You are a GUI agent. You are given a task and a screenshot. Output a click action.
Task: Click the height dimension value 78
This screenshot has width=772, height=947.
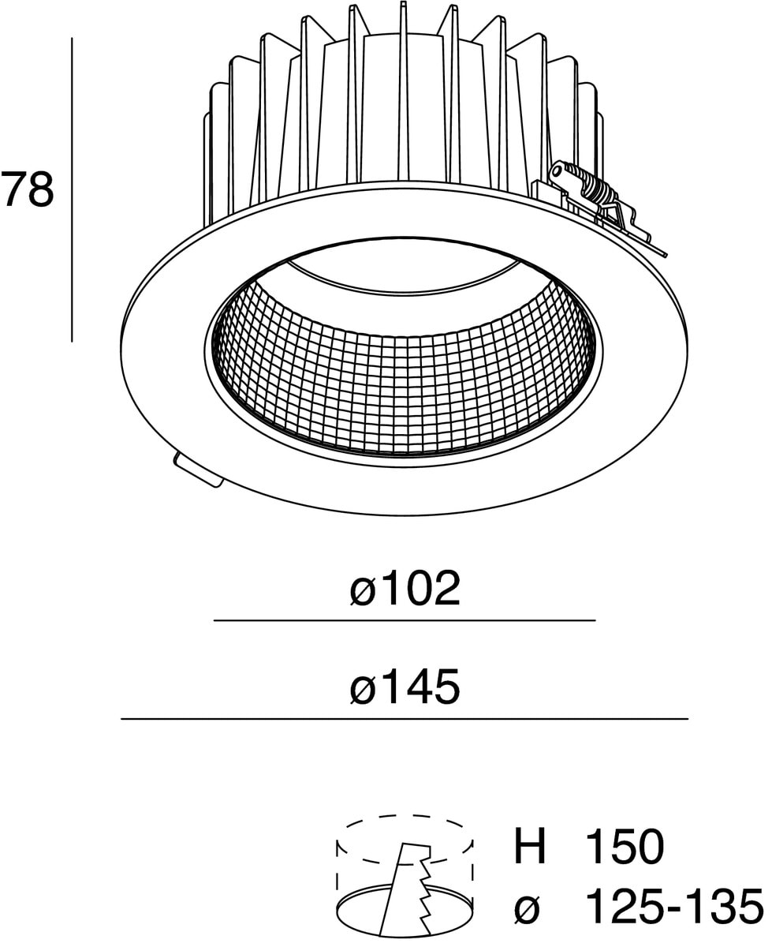coord(28,190)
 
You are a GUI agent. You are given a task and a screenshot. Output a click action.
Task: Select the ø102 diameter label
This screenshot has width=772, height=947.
coord(404,589)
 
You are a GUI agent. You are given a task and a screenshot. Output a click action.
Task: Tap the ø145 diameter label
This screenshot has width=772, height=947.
coord(404,687)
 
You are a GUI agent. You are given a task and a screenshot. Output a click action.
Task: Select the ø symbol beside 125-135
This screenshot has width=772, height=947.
coord(527,908)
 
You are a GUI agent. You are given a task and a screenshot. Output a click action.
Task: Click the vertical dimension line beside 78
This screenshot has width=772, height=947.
coord(72,189)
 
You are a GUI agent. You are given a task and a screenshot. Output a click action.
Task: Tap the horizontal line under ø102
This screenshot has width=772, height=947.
coord(404,621)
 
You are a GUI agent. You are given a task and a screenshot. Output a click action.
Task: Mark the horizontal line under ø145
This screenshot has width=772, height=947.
coord(404,719)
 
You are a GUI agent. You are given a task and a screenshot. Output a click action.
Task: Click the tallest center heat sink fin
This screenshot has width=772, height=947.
coord(403,95)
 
